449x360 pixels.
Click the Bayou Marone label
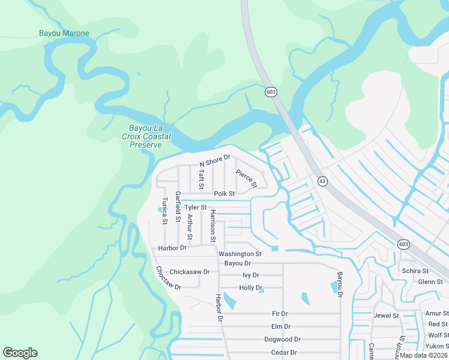tap(64, 34)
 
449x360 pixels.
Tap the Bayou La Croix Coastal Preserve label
tap(150, 136)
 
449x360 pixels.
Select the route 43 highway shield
tap(322, 181)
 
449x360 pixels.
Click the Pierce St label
tap(246, 179)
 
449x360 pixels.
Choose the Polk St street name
tap(224, 194)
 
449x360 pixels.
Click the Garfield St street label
tap(178, 206)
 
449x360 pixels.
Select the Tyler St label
tap(196, 208)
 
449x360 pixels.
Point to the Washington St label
tap(240, 254)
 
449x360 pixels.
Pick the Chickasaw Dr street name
tap(189, 272)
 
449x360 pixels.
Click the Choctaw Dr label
tap(167, 278)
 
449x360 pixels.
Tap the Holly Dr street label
tap(251, 288)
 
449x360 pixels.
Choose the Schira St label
tap(415, 271)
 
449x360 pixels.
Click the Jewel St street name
tap(386, 316)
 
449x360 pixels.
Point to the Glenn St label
tap(430, 282)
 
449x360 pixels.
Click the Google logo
tap(20, 353)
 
